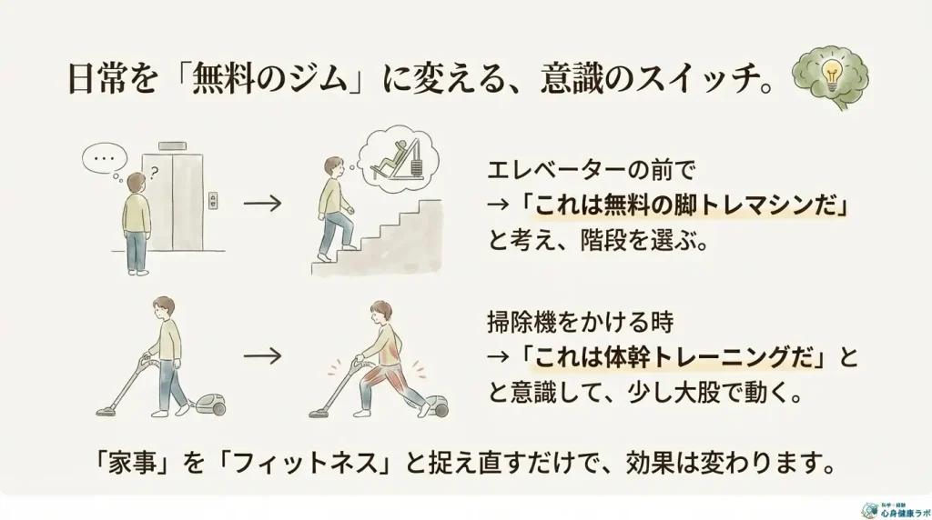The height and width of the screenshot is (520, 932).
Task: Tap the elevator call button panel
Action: [213, 201]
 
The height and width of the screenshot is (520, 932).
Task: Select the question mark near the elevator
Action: [155, 174]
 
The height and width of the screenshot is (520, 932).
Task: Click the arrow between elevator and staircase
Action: [262, 204]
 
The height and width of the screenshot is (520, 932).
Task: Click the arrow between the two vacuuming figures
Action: [262, 356]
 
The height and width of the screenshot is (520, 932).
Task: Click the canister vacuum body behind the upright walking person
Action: [211, 405]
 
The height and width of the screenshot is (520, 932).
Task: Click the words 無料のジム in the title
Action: [268, 79]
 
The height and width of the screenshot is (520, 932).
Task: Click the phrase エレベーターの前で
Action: [591, 171]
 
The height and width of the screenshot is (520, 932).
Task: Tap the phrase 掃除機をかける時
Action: [581, 323]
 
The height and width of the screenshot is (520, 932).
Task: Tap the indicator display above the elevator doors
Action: [172, 146]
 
